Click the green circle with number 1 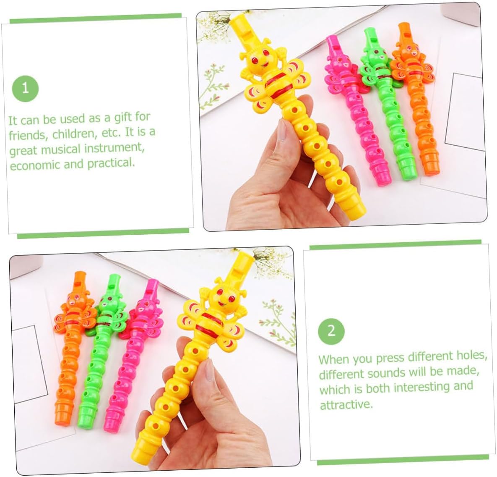point(25,89)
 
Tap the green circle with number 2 point(331,331)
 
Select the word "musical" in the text point(61,149)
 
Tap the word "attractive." point(346,405)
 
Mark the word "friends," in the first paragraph point(28,135)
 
